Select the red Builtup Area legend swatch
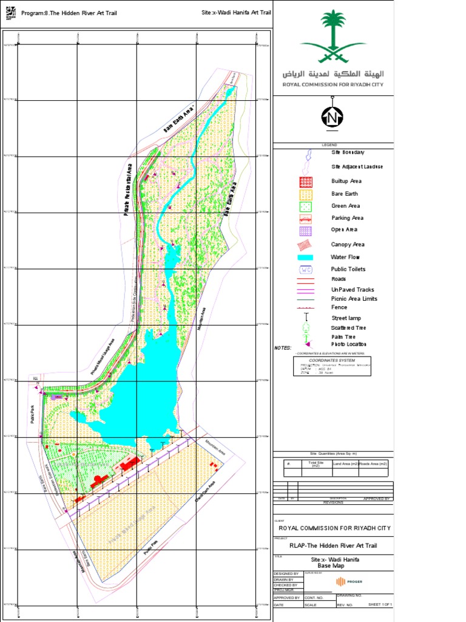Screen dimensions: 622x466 306,182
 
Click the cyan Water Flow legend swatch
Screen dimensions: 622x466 306,257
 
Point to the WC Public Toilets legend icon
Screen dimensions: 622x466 306,269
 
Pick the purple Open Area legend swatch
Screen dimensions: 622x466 306,230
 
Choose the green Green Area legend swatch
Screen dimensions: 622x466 306,206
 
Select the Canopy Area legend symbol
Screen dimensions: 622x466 306,244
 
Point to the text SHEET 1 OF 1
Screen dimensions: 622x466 380,605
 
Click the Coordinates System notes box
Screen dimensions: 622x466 332,366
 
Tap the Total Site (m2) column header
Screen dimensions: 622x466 316,464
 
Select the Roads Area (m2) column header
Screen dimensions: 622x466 373,464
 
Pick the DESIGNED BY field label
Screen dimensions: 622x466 286,573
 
